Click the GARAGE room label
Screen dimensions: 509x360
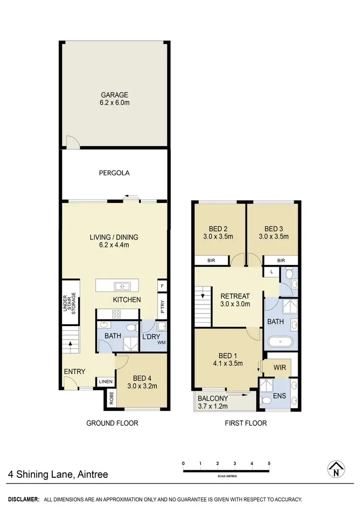114,95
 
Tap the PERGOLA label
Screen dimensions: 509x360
114,172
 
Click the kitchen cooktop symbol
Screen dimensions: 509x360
116,314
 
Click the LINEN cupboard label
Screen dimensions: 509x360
106,382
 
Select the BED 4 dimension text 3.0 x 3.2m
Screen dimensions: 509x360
142,386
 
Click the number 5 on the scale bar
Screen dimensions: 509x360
269,463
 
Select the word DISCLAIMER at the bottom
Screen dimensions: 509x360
23,499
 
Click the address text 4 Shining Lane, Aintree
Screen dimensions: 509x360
58,475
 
